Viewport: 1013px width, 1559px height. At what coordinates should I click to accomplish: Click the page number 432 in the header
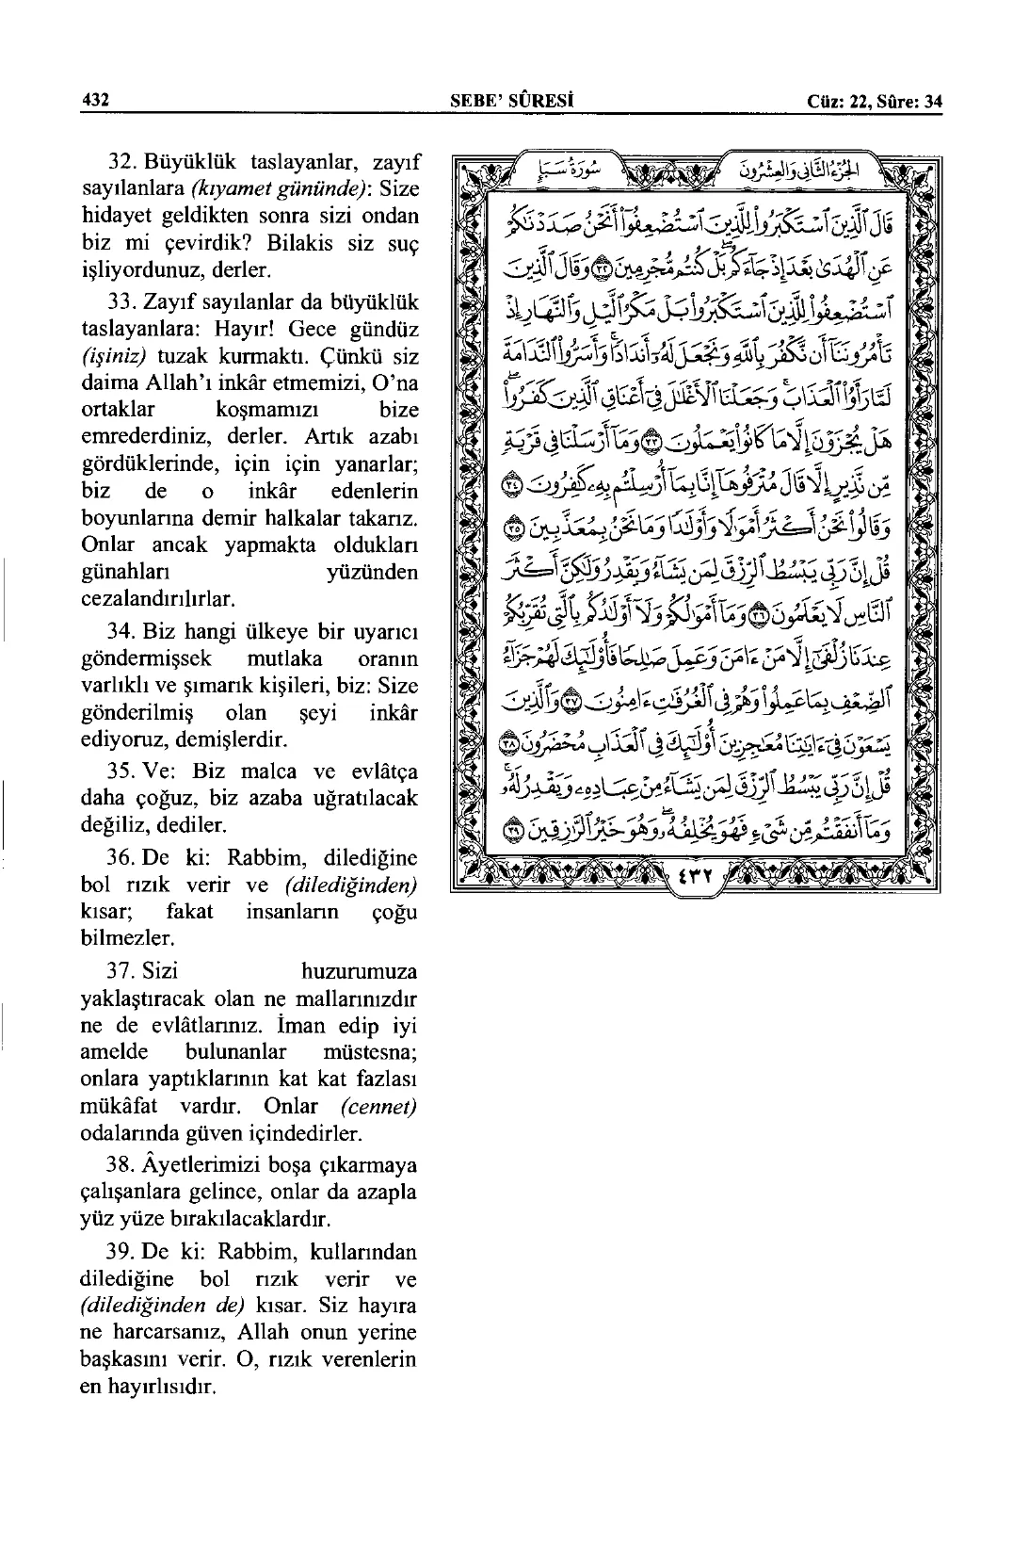pos(97,102)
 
